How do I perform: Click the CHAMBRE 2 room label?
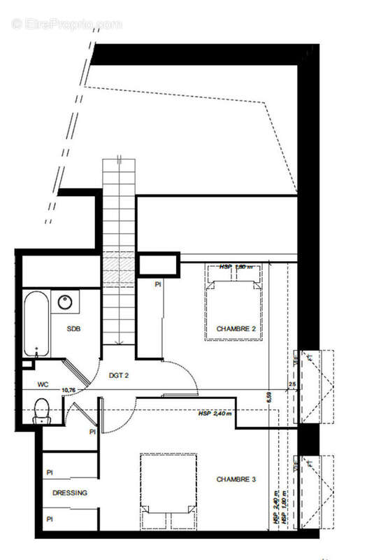(236, 328)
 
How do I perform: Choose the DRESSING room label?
(70, 493)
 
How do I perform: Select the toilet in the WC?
(42, 410)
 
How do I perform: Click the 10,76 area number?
(69, 390)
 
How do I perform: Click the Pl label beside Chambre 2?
(159, 285)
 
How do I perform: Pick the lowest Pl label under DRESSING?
(50, 519)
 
